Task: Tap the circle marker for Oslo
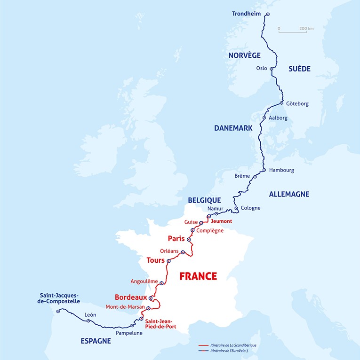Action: [x=272, y=69]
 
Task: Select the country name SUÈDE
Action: [x=299, y=69]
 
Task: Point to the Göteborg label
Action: [x=297, y=103]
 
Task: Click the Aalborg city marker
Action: [x=264, y=118]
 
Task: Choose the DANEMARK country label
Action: [x=233, y=128]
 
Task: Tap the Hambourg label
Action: [x=282, y=170]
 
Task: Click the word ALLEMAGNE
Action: [x=288, y=194]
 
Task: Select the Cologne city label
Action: [x=250, y=208]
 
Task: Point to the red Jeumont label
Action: [x=222, y=221]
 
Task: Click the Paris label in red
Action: [x=176, y=238]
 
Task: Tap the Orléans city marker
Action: [x=183, y=252]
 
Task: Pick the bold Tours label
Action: [x=155, y=260]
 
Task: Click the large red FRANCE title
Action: [x=198, y=276]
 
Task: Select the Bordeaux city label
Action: [x=131, y=297]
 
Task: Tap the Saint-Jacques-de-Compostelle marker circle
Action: [x=58, y=311]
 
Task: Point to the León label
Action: [x=90, y=314]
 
